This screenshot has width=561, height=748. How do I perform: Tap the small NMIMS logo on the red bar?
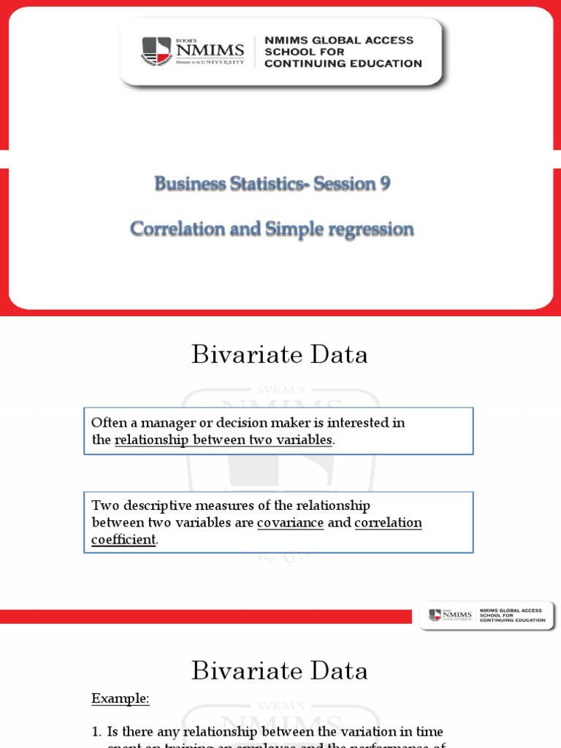click(x=445, y=615)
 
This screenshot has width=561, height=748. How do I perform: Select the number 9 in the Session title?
click(x=383, y=185)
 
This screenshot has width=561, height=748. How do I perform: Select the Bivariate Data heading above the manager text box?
click(x=280, y=355)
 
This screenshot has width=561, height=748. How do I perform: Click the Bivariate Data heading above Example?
click(x=280, y=671)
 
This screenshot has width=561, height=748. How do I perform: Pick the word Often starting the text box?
click(x=107, y=423)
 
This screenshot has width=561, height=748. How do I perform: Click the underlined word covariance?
click(x=290, y=523)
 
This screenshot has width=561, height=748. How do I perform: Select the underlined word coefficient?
click(x=123, y=540)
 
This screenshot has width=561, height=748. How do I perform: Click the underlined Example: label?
click(x=120, y=699)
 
